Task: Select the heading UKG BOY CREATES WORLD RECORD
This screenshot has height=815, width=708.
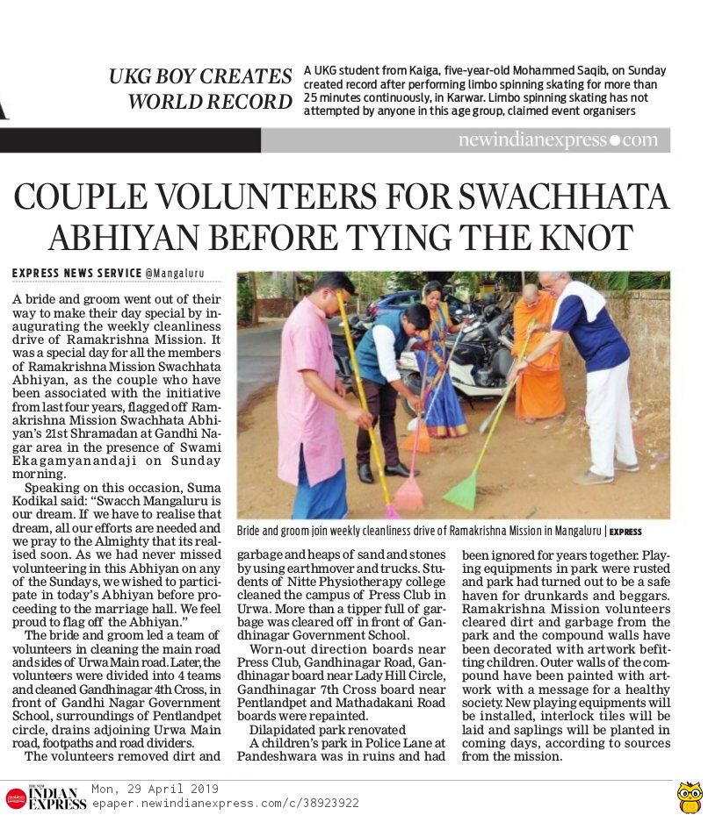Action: point(201,89)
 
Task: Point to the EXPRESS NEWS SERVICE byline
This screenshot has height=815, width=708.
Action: point(77,274)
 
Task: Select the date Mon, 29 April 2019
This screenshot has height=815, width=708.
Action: point(155,789)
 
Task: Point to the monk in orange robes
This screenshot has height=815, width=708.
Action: point(537,351)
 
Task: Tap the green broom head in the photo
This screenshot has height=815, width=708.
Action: point(460,491)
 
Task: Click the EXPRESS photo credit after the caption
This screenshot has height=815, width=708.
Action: point(625,532)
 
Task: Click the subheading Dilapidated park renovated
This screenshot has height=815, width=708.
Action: point(303,729)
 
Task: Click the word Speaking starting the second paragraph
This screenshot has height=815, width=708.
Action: point(51,488)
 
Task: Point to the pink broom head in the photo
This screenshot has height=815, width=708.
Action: point(408,494)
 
